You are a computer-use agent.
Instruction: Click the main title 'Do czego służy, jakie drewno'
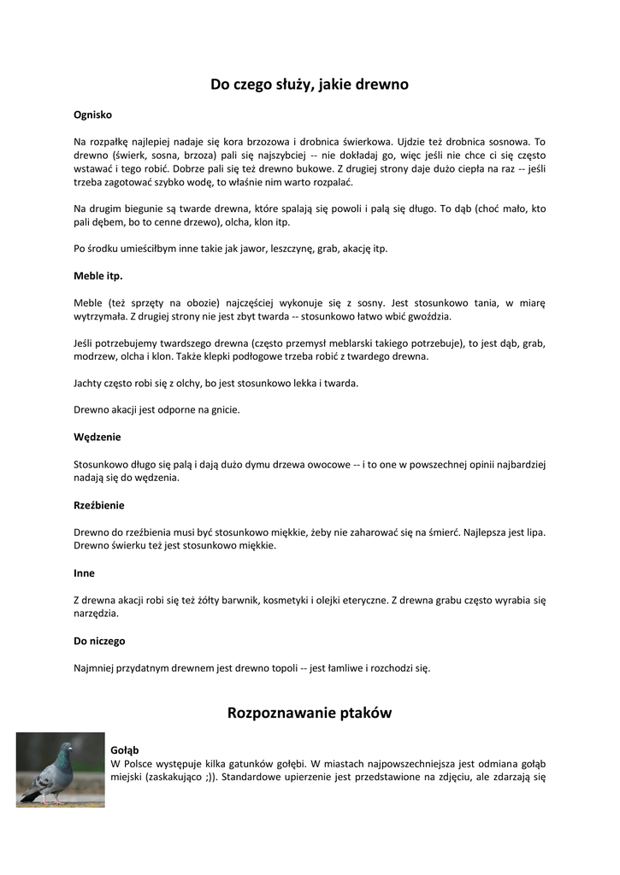point(310,85)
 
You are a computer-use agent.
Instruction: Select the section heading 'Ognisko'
point(92,114)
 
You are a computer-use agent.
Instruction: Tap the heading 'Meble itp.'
point(98,276)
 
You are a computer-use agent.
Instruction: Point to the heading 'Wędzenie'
point(97,437)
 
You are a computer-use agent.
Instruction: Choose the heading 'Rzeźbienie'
point(99,505)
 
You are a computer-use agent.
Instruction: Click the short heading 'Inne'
point(84,573)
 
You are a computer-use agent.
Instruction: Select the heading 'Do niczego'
point(99,640)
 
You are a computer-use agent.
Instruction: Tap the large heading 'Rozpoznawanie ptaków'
point(310,713)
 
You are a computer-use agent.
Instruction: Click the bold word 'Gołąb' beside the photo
point(125,749)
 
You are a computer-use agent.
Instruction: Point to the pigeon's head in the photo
point(65,751)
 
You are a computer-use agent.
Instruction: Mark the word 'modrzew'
point(95,356)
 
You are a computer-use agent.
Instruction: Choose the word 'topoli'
point(275,667)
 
